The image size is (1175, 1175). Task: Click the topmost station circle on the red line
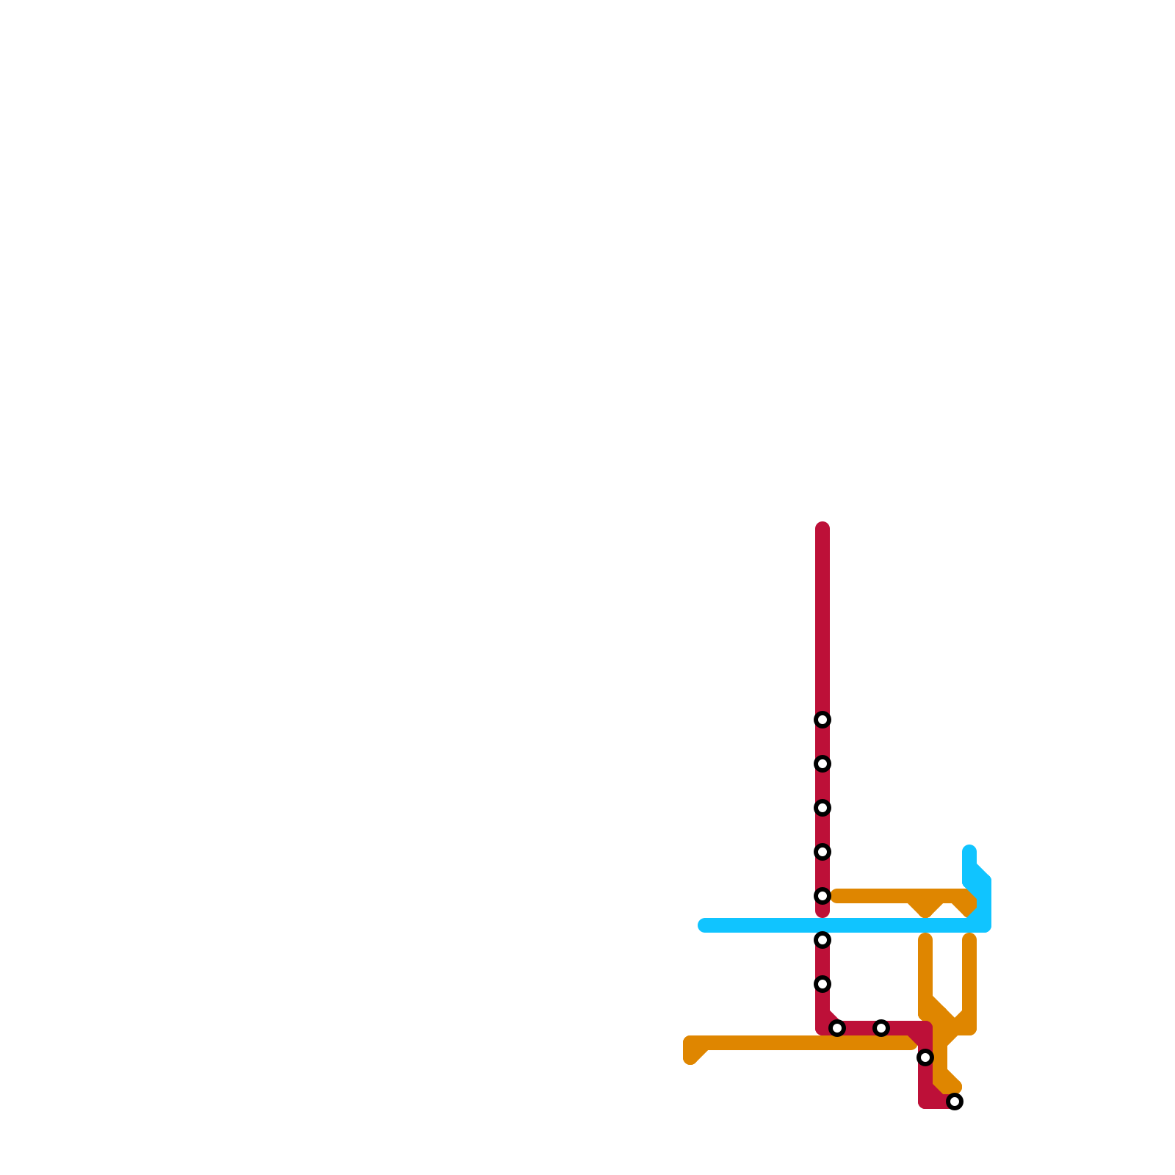coord(822,720)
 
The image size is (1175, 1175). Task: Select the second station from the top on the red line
coord(822,764)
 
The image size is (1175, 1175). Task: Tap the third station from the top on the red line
coord(822,808)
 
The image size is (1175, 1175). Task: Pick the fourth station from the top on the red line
coord(822,852)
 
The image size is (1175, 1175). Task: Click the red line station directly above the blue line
coord(822,896)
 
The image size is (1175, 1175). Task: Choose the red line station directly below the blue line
coord(822,940)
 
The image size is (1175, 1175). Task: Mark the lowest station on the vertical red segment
coord(822,984)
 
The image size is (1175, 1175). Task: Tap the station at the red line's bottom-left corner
coord(837,1028)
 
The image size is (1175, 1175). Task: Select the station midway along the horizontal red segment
coord(881,1028)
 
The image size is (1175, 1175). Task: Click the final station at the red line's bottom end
coord(955,1102)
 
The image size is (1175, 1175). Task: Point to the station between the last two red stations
coord(925,1057)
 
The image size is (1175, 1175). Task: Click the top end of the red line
coord(822,528)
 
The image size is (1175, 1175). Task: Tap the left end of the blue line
coord(704,925)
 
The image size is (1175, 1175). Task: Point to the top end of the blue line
coord(969,851)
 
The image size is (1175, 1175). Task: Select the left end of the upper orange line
coord(836,896)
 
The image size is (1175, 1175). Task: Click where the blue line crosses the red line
coord(822,925)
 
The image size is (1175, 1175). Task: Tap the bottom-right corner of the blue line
coord(985,925)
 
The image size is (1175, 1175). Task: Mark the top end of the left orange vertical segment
coord(925,939)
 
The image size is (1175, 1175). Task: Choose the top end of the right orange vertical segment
coord(969,939)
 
